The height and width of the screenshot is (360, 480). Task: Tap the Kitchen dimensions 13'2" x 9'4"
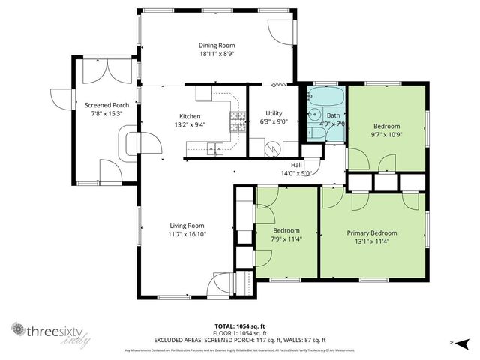tap(190, 125)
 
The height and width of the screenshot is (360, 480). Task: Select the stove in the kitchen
tap(237, 122)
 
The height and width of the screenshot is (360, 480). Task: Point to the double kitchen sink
tap(215, 149)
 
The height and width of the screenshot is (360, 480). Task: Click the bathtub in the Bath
tap(326, 97)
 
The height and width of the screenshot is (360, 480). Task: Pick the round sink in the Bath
tap(313, 115)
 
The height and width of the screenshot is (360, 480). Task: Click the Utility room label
tap(274, 112)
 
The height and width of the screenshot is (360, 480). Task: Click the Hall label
tap(296, 164)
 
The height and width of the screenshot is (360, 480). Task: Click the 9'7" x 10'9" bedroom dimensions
tap(387, 135)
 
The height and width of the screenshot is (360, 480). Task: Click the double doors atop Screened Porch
tap(99, 70)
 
